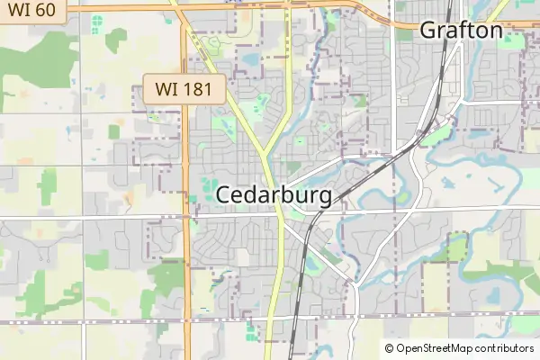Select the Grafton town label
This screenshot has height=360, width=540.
[461, 31]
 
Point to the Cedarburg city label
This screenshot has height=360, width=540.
[274, 195]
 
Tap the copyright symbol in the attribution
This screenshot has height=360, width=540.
[390, 348]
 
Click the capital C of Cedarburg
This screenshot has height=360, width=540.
[225, 195]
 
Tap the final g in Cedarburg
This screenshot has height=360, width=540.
[324, 198]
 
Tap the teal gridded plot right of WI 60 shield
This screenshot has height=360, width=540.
[97, 21]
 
